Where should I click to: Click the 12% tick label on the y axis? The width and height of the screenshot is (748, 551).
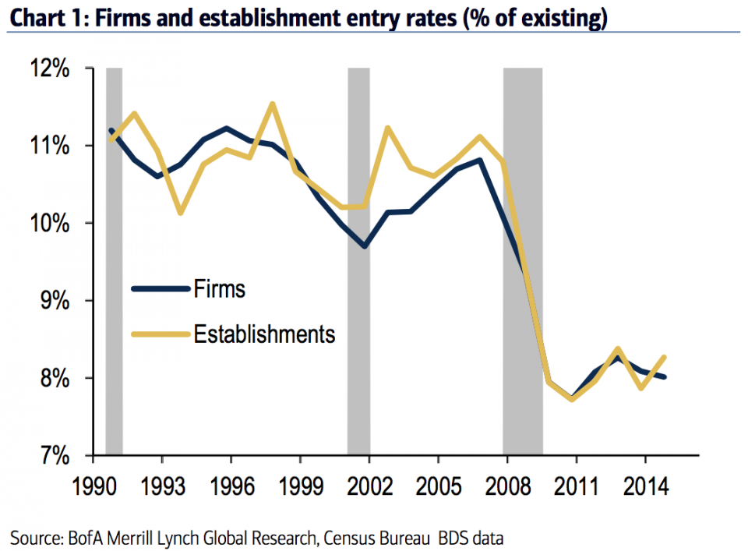click(x=50, y=69)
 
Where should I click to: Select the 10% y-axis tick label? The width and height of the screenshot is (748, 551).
click(x=50, y=224)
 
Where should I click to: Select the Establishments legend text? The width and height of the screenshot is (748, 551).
click(x=263, y=334)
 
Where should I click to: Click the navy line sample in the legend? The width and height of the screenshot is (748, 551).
click(x=161, y=289)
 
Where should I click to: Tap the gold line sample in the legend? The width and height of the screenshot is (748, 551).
click(x=161, y=334)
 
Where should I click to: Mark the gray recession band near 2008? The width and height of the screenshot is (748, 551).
click(x=523, y=257)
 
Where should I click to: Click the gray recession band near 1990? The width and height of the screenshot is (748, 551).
click(x=114, y=257)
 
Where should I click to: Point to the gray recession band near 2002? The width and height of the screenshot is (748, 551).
click(x=358, y=257)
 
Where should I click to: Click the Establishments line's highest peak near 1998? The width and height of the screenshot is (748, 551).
click(x=272, y=104)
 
